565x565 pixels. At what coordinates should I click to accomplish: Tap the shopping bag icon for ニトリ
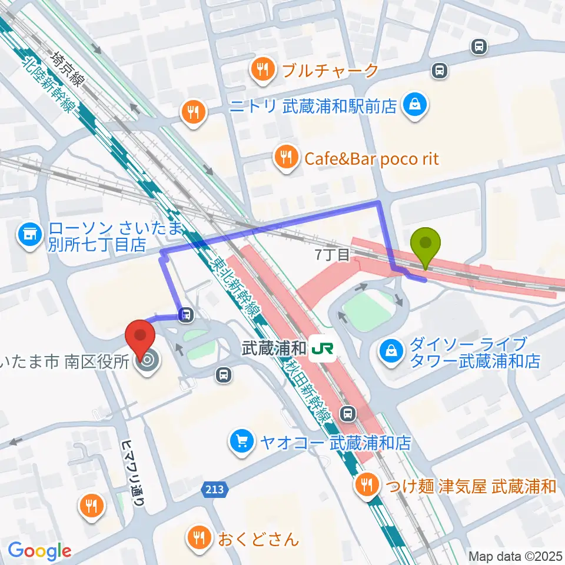[416, 106]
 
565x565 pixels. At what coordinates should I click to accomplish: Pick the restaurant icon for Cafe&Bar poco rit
[285, 158]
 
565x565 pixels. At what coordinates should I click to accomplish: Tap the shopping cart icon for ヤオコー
[242, 442]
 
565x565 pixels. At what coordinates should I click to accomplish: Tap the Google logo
[39, 551]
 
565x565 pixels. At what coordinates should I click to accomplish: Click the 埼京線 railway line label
[66, 68]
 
